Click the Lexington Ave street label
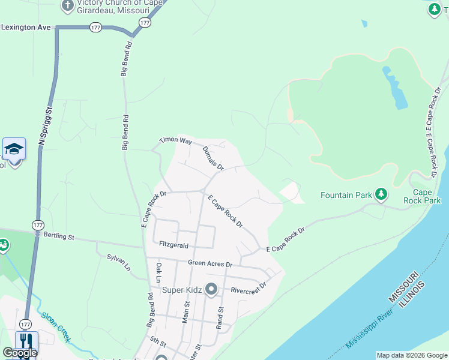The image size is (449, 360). click(26, 27)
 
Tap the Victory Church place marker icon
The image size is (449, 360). click(67, 7)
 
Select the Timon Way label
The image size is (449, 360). click(175, 140)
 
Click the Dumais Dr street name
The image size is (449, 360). click(212, 158)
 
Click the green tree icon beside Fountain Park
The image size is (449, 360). click(380, 194)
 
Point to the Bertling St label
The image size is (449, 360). click(58, 237)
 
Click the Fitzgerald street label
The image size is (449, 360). click(174, 245)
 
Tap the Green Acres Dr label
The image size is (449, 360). click(209, 263)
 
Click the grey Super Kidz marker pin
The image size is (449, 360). click(211, 290)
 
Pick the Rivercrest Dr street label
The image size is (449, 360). click(248, 290)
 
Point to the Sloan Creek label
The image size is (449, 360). click(55, 327)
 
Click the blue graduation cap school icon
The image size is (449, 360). click(14, 148)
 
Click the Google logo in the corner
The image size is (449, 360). click(20, 353)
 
